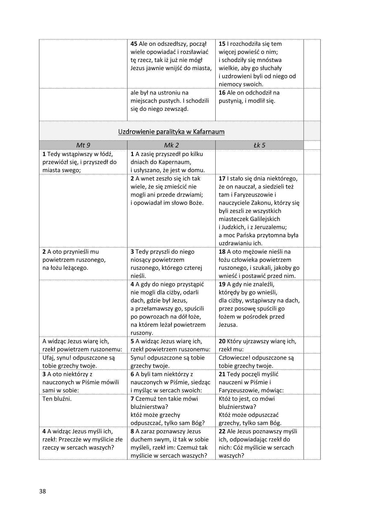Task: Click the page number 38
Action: click(42, 491)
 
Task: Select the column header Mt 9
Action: click(83, 145)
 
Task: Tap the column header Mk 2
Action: click(171, 145)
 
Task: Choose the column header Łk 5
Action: click(259, 145)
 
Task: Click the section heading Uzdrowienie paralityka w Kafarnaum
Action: click(171, 132)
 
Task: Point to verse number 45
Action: click(134, 44)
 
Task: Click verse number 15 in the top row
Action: click(222, 44)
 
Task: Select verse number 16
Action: click(222, 92)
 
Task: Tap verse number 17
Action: click(222, 178)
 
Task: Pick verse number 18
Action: click(222, 251)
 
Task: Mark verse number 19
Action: click(222, 284)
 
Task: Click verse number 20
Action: click(222, 341)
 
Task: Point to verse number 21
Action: click(222, 374)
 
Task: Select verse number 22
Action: click(222, 431)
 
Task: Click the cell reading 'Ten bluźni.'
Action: click(57, 399)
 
